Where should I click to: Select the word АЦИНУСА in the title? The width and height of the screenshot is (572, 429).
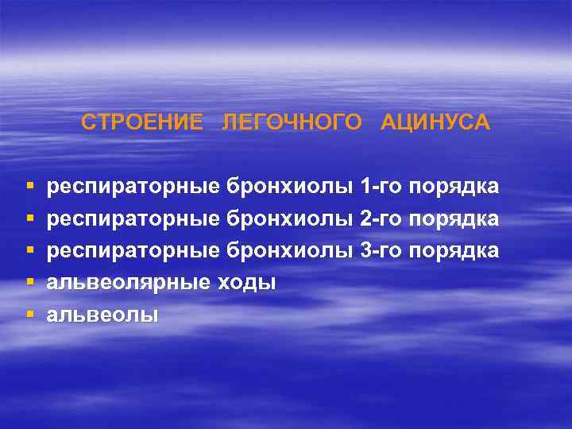tap(435, 124)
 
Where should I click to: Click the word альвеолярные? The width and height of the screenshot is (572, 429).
tap(126, 283)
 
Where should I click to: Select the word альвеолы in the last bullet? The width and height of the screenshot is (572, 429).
tap(102, 315)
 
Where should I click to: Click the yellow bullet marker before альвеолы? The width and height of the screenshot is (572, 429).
tap(30, 315)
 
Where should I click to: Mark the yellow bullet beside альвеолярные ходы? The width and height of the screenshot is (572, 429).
tap(30, 283)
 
